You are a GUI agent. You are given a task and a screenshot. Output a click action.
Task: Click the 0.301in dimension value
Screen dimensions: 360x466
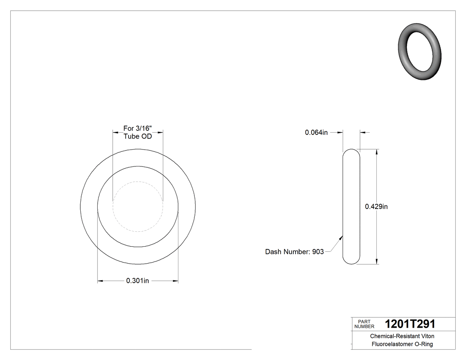click(x=138, y=281)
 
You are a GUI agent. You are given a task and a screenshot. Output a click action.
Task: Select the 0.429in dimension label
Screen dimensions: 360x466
click(x=376, y=206)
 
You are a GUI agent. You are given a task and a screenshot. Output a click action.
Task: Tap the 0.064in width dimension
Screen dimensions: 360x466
click(x=316, y=132)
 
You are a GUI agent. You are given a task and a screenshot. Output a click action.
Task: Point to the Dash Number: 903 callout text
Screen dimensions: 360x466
click(x=294, y=252)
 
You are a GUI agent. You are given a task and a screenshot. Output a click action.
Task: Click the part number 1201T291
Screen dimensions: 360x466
click(x=410, y=324)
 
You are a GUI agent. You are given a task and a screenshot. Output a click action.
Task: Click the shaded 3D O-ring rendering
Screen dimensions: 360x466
click(x=420, y=51)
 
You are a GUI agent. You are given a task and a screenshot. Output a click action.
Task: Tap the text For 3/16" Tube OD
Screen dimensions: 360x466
click(x=138, y=132)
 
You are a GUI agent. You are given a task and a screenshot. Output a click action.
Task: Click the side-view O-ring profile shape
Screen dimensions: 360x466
click(x=351, y=206)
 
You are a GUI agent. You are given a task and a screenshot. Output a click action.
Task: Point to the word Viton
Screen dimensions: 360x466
click(x=427, y=336)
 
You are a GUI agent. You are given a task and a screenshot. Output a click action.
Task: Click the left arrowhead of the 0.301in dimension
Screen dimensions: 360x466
click(x=100, y=281)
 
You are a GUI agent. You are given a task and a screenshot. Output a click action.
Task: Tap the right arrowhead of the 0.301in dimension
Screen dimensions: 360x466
click(x=176, y=281)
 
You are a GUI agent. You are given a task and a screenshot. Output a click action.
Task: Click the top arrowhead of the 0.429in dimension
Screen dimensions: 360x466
click(x=377, y=152)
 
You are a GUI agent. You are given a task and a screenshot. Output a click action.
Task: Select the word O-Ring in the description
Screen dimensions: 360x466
click(x=423, y=344)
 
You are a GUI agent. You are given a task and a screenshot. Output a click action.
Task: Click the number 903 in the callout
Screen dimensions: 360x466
click(x=318, y=252)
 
